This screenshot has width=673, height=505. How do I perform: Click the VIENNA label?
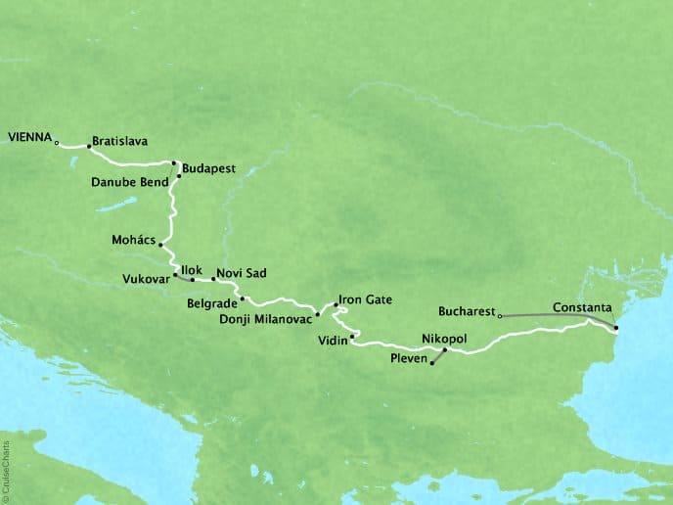coord(28,138)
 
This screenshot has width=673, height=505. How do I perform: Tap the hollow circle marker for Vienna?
coord(57,143)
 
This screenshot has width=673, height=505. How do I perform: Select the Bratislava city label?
coord(119,141)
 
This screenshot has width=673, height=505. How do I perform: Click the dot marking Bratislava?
coord(89,147)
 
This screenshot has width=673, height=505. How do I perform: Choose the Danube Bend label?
coord(131,182)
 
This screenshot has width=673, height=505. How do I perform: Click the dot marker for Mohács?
coord(160,246)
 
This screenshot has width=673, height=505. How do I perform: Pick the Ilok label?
coord(189,265)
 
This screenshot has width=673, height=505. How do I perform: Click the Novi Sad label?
coord(242,273)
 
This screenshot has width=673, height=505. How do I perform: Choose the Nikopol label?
coord(443,338)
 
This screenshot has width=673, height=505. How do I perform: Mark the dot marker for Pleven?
coord(431,363)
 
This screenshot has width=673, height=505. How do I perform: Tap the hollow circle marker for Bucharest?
coord(500,316)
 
